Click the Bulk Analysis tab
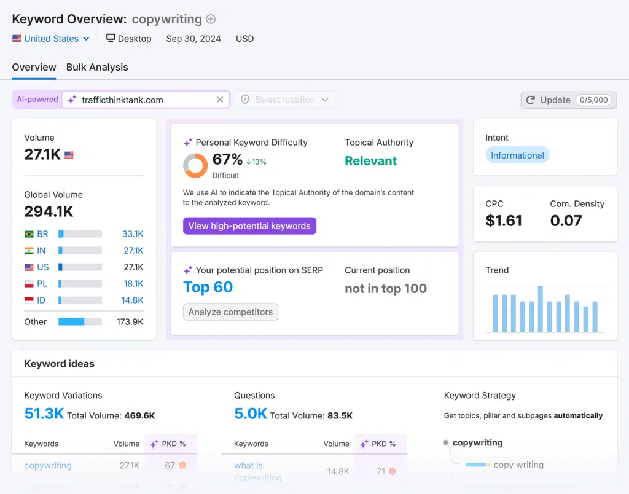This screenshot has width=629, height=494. [97, 67]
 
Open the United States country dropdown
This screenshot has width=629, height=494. [52, 38]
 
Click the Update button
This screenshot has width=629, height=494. [568, 100]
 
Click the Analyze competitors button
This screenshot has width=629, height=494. [230, 312]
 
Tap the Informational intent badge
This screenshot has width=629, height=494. [517, 155]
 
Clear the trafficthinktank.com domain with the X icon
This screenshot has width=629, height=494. [220, 100]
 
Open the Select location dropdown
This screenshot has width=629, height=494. [285, 100]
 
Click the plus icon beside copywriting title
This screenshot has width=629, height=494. [211, 19]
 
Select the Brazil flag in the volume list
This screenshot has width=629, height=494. [29, 234]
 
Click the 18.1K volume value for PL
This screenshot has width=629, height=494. [133, 284]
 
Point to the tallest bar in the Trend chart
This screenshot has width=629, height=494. [540, 309]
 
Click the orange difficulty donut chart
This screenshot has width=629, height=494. [195, 165]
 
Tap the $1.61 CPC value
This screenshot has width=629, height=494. [504, 221]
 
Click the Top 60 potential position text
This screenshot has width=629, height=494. [208, 287]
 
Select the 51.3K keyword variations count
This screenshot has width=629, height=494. [44, 414]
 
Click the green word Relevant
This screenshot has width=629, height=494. [370, 161]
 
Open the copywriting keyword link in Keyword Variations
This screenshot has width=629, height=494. [48, 465]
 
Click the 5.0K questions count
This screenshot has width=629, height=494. [250, 414]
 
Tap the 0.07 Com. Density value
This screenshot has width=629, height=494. [566, 221]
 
